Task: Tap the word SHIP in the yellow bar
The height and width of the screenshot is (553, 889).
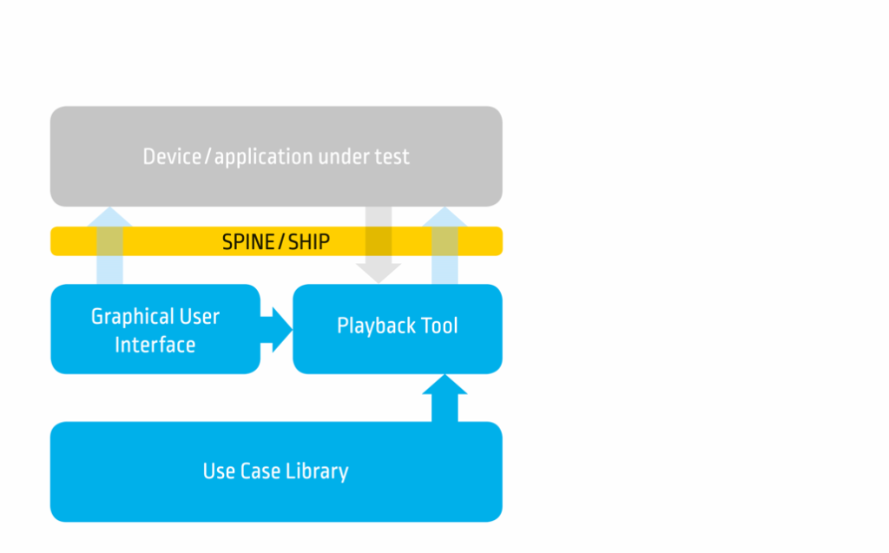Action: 309,242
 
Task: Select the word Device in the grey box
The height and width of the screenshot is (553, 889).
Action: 172,156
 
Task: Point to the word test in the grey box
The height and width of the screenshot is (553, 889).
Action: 392,157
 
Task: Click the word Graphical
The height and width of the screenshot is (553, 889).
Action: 132,317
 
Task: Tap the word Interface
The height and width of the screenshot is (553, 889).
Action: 155,345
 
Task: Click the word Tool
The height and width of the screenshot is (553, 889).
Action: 440,326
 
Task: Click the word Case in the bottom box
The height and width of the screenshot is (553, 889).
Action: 260,471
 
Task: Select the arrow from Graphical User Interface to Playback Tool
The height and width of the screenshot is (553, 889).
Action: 276,330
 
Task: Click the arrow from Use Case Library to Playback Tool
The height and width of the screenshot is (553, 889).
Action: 445,398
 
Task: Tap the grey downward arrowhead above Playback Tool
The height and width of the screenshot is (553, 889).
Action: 379,273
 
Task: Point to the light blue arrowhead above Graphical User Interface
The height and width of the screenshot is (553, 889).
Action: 109,217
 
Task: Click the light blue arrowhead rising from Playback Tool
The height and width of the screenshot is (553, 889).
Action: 445,217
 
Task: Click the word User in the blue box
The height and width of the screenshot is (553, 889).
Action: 199,317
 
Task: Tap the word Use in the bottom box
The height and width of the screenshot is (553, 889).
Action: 219,471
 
